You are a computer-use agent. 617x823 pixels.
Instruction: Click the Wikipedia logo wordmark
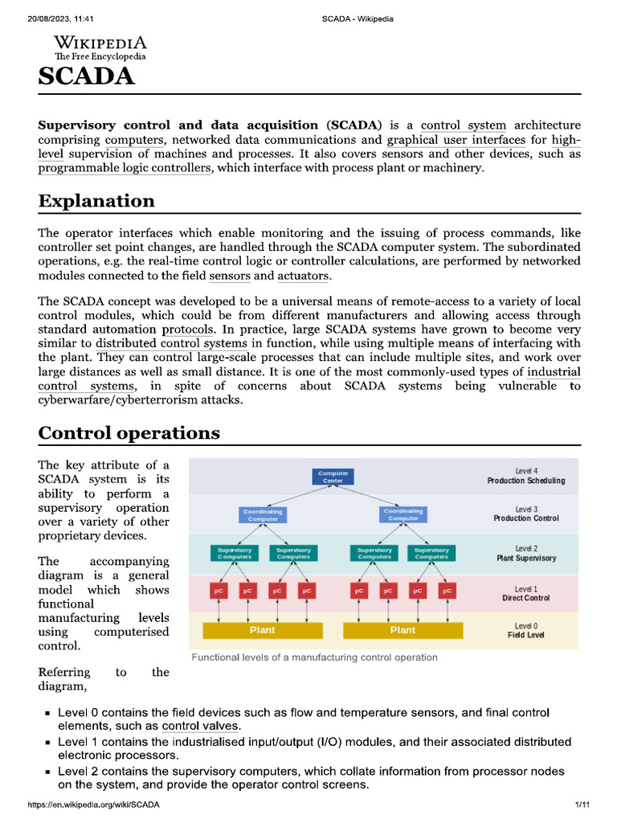pyautogui.click(x=100, y=43)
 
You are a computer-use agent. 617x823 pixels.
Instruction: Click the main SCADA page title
pyautogui.click(x=87, y=76)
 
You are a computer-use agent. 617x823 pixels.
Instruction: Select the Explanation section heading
pyautogui.click(x=96, y=200)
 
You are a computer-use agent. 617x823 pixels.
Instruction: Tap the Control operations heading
pyautogui.click(x=129, y=432)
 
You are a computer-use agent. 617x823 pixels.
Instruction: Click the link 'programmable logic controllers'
pyautogui.click(x=125, y=168)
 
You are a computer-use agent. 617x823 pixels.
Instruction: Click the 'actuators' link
pyautogui.click(x=303, y=276)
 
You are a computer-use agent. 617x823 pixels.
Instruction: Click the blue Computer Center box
pyautogui.click(x=333, y=477)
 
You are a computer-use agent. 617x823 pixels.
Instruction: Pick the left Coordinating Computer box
pyautogui.click(x=263, y=514)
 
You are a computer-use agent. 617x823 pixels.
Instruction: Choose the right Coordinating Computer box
pyautogui.click(x=403, y=514)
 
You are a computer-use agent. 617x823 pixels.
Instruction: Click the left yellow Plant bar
pyautogui.click(x=263, y=630)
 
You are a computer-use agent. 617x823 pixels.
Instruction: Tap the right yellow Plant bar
pyautogui.click(x=402, y=630)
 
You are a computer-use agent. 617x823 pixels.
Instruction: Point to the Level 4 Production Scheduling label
pyautogui.click(x=526, y=476)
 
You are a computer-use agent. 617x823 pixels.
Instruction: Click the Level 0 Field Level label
pyautogui.click(x=526, y=630)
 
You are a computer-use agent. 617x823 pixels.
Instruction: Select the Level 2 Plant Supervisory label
pyautogui.click(x=526, y=553)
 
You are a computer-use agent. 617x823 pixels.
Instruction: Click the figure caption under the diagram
pyautogui.click(x=314, y=657)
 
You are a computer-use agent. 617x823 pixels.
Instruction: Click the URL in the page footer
pyautogui.click(x=94, y=805)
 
